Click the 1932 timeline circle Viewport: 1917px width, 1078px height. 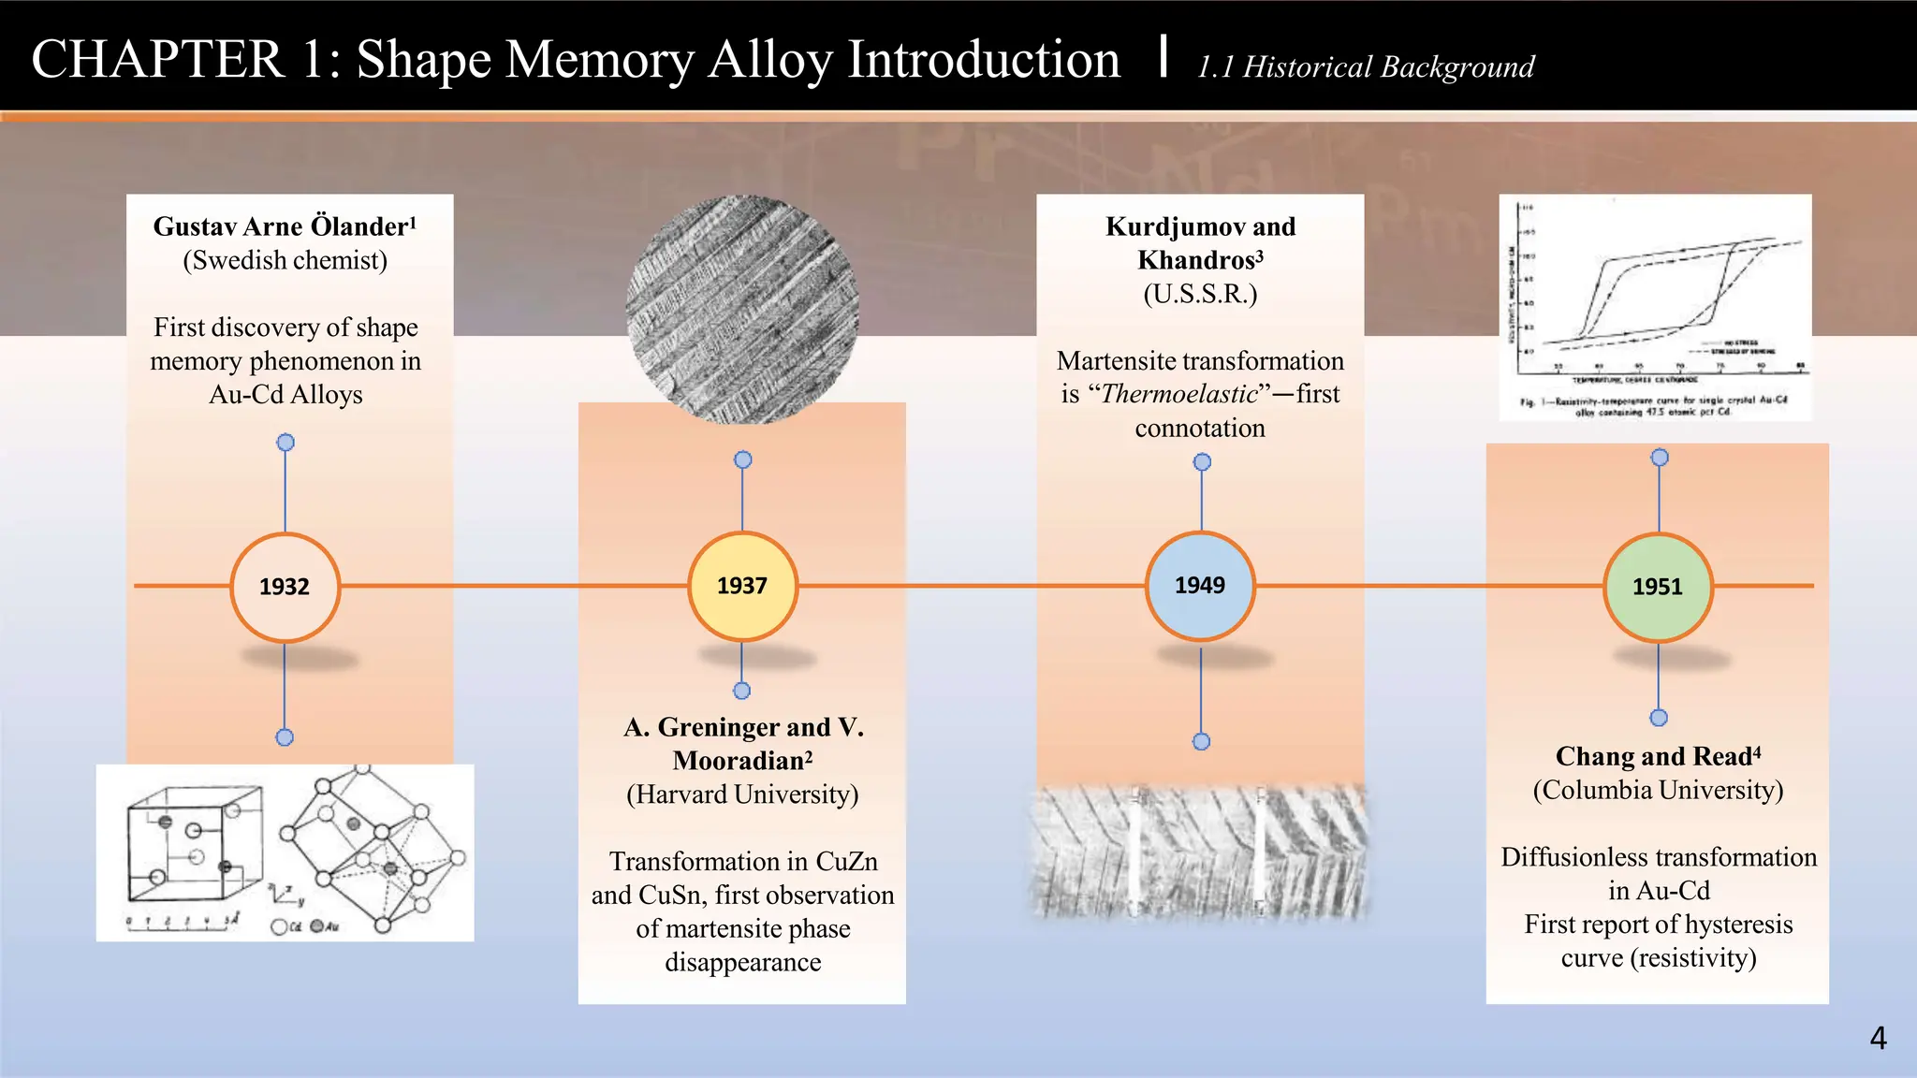tap(285, 587)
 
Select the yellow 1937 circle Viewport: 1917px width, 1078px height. tap(742, 586)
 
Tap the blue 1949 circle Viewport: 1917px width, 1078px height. tap(1200, 586)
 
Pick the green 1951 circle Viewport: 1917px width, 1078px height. tap(1658, 587)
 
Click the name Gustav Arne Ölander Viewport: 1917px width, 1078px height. tap(281, 226)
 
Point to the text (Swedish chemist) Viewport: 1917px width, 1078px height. tap(285, 260)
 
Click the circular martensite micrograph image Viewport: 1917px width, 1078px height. tap(742, 309)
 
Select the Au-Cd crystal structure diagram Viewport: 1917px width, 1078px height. tap(285, 852)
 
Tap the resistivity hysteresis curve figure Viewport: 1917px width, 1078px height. tap(1655, 307)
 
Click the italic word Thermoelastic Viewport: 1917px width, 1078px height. tap(1179, 394)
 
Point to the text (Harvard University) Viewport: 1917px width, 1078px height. tap(742, 794)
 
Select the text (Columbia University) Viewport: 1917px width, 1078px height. tap(1658, 790)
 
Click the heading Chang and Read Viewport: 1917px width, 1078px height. tap(1654, 756)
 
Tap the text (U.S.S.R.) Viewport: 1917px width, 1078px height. tap(1200, 294)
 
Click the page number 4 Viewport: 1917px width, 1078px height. tap(1878, 1038)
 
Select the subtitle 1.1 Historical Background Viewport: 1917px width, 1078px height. tap(1366, 66)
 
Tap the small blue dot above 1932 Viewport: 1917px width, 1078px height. tap(285, 443)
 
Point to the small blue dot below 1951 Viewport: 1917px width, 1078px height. tap(1659, 718)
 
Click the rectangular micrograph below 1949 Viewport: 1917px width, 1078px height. tap(1200, 850)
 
